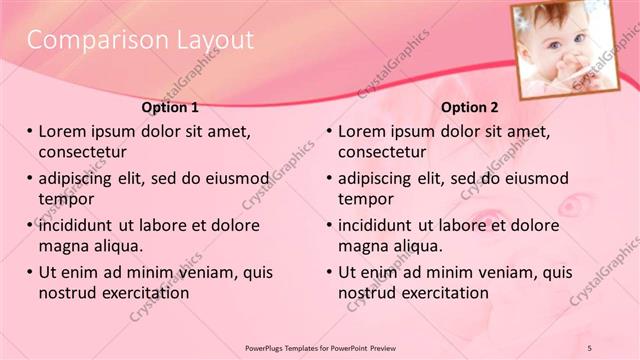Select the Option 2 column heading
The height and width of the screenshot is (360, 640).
coord(469,107)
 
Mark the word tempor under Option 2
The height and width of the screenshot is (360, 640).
coord(366,199)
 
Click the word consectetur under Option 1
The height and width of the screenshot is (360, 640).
coord(82,152)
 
